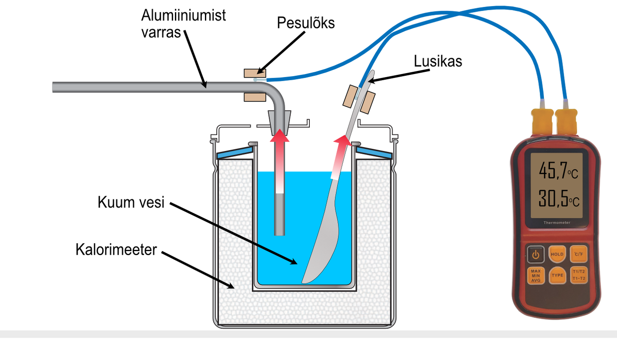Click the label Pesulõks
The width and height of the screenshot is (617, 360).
pos(306,23)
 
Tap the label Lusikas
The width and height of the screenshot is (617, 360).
pos(438,61)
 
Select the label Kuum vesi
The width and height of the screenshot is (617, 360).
pos(130,203)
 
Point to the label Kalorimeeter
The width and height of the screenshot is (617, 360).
pos(116,249)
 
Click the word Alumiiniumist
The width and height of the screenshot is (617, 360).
pos(183,16)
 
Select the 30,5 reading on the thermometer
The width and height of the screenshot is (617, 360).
pos(552,200)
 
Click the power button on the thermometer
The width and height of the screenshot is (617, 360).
pos(535,254)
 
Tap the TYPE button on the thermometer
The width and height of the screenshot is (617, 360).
pos(557,275)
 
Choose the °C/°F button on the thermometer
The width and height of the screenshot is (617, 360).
pos(579,254)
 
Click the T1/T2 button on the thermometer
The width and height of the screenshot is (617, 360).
pos(579,275)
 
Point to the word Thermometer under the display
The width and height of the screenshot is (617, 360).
pos(557,223)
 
